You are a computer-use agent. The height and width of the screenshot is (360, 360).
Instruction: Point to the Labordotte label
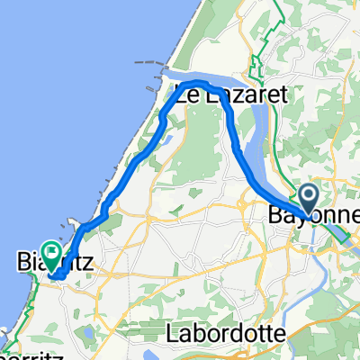click(x=226, y=333)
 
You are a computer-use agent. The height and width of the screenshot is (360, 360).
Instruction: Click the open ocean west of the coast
click(x=54, y=108)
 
